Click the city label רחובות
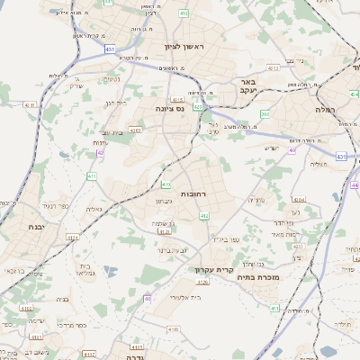[194, 193]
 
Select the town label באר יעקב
[249, 85]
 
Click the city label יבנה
[36, 228]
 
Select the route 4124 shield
[164, 231]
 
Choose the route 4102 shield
[137, 346]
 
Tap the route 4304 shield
[299, 200]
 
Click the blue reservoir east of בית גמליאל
[109, 269]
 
